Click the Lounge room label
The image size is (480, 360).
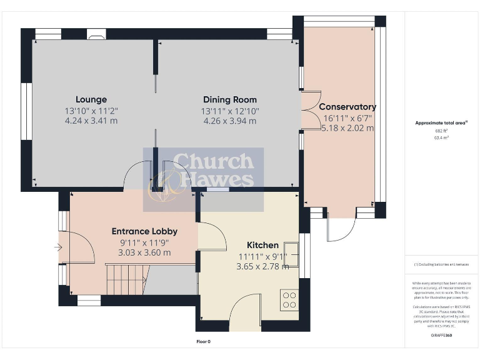point(91,99)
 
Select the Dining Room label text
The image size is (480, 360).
point(229,100)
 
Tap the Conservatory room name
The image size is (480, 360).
point(349,107)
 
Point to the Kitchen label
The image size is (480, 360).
point(262,245)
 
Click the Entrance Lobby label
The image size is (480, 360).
point(144,231)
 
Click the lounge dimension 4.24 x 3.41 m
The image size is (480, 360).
point(91,121)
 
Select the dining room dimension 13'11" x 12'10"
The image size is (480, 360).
point(229,111)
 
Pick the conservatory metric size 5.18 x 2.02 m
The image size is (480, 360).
point(348,128)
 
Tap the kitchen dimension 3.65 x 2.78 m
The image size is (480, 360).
point(262,266)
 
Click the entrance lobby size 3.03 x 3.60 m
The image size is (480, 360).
point(144,252)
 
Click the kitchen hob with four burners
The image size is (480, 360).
point(289,300)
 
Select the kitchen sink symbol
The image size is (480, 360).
point(292,250)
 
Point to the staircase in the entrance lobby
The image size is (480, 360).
point(128,279)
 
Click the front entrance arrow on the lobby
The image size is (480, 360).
point(59,248)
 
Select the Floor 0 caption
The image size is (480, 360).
point(204,342)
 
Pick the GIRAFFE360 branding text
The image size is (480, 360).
point(442,336)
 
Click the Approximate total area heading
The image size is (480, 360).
point(441,123)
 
